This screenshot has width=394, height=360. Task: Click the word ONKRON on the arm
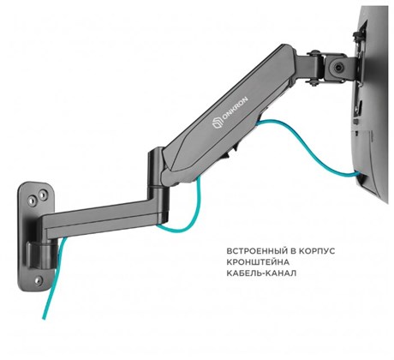point(235,109)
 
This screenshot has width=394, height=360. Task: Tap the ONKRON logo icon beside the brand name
point(217,124)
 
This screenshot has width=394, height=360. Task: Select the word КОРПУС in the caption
point(317,251)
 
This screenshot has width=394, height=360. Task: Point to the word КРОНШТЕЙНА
point(258,262)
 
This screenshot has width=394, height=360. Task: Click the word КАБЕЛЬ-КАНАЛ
point(261,273)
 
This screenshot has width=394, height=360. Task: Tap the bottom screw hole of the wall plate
point(39,280)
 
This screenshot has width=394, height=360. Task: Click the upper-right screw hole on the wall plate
point(42,195)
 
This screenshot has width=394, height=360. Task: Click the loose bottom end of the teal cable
point(44,317)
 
